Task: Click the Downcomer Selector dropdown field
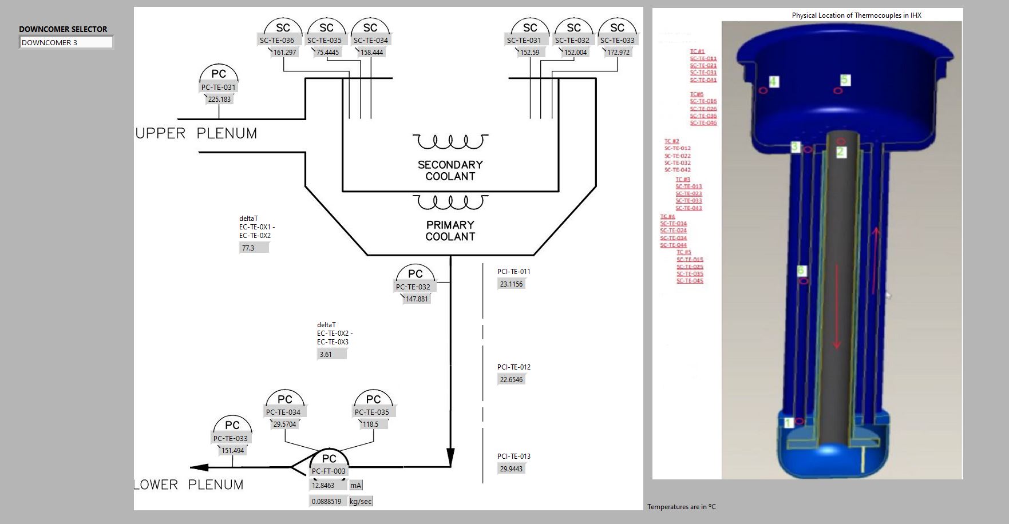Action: coord(66,42)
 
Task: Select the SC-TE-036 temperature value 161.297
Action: coord(284,53)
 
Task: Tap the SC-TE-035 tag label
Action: coord(324,41)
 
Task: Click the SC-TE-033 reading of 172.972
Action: coord(618,53)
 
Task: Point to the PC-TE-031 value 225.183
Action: coord(219,100)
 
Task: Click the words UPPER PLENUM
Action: coord(196,134)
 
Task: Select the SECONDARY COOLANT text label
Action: coord(450,170)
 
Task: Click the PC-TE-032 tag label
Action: coord(413,287)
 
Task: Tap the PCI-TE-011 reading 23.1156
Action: coord(511,284)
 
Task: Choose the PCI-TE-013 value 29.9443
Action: coord(511,469)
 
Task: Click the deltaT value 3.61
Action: coord(331,355)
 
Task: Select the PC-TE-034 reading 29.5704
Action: coord(284,424)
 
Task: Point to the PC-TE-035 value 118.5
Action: coord(371,424)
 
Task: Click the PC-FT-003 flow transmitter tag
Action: coord(329,471)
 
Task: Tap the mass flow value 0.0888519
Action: coord(326,502)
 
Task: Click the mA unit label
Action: coord(355,486)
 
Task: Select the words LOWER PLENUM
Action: coord(189,485)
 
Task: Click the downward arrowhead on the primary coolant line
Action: coord(450,457)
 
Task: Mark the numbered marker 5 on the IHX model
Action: coord(845,80)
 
